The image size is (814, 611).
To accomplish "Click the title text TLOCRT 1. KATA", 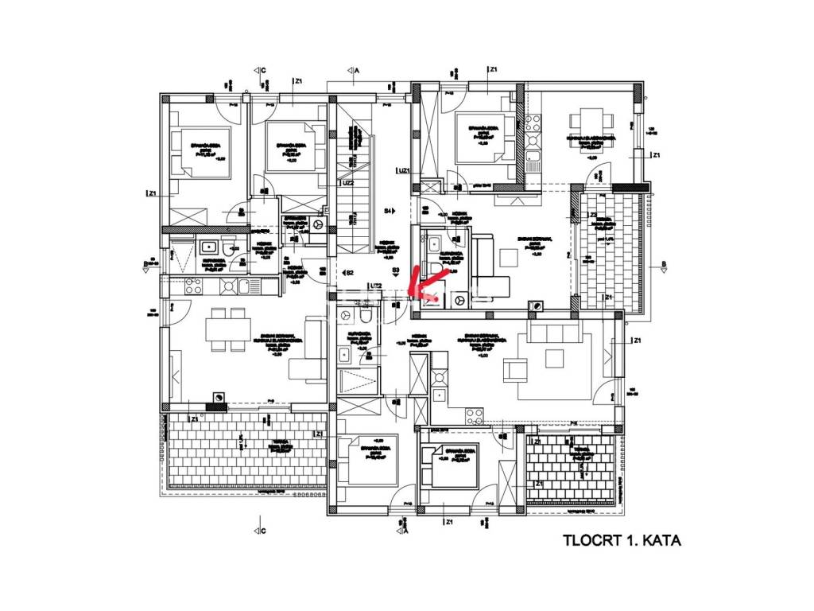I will [x=622, y=541].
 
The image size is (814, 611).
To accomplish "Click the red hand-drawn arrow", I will [x=421, y=282].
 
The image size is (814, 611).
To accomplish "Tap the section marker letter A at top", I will [x=358, y=71].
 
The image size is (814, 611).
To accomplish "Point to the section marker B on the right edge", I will [x=664, y=265].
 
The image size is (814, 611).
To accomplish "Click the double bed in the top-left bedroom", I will [x=192, y=154].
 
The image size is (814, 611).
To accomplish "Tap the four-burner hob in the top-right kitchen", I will [x=532, y=123].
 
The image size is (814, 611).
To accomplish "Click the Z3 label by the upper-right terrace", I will [x=591, y=215].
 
